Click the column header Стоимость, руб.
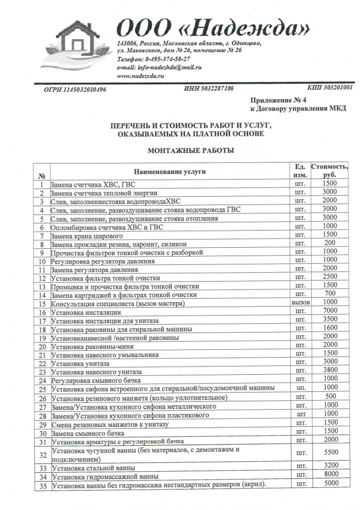pyautogui.click(x=329, y=171)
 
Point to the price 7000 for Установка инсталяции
pyautogui.click(x=329, y=310)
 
